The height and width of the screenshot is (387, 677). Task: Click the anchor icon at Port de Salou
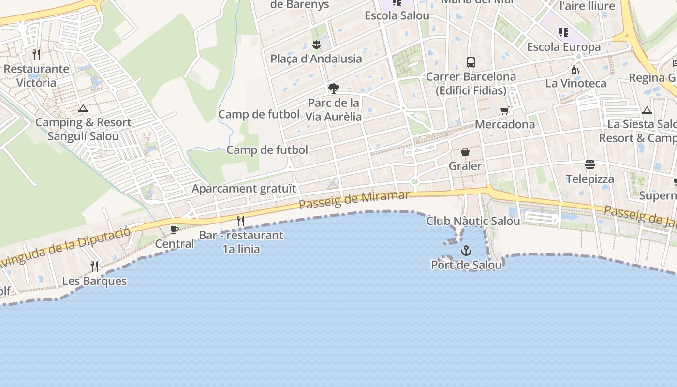click(x=466, y=251)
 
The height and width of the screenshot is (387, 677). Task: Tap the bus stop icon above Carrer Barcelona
click(x=471, y=62)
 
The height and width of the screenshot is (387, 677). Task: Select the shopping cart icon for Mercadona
click(x=505, y=110)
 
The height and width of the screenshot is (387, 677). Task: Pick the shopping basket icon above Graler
click(x=465, y=152)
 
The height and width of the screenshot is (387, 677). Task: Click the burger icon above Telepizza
click(x=590, y=164)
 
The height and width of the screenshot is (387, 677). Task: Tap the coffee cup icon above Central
click(x=175, y=229)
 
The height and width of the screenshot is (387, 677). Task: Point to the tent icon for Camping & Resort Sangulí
click(x=83, y=108)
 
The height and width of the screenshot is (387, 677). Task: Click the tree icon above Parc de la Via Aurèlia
click(x=333, y=88)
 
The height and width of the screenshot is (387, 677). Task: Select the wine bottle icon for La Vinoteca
click(x=575, y=70)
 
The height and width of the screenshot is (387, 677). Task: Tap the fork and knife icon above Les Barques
click(x=94, y=266)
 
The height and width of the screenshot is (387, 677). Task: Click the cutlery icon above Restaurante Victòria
click(x=36, y=54)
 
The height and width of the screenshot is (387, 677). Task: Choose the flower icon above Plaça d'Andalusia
click(x=316, y=45)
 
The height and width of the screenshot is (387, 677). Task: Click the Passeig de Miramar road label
click(x=354, y=200)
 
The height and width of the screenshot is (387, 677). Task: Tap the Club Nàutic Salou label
click(x=473, y=221)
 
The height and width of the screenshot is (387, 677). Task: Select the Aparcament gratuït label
click(x=244, y=188)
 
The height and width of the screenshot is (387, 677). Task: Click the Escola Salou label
click(x=397, y=15)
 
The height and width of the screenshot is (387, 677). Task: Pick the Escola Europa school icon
click(x=564, y=32)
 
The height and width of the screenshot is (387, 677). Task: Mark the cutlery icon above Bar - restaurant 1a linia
click(x=240, y=221)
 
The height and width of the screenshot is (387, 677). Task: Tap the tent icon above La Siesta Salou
click(x=647, y=110)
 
